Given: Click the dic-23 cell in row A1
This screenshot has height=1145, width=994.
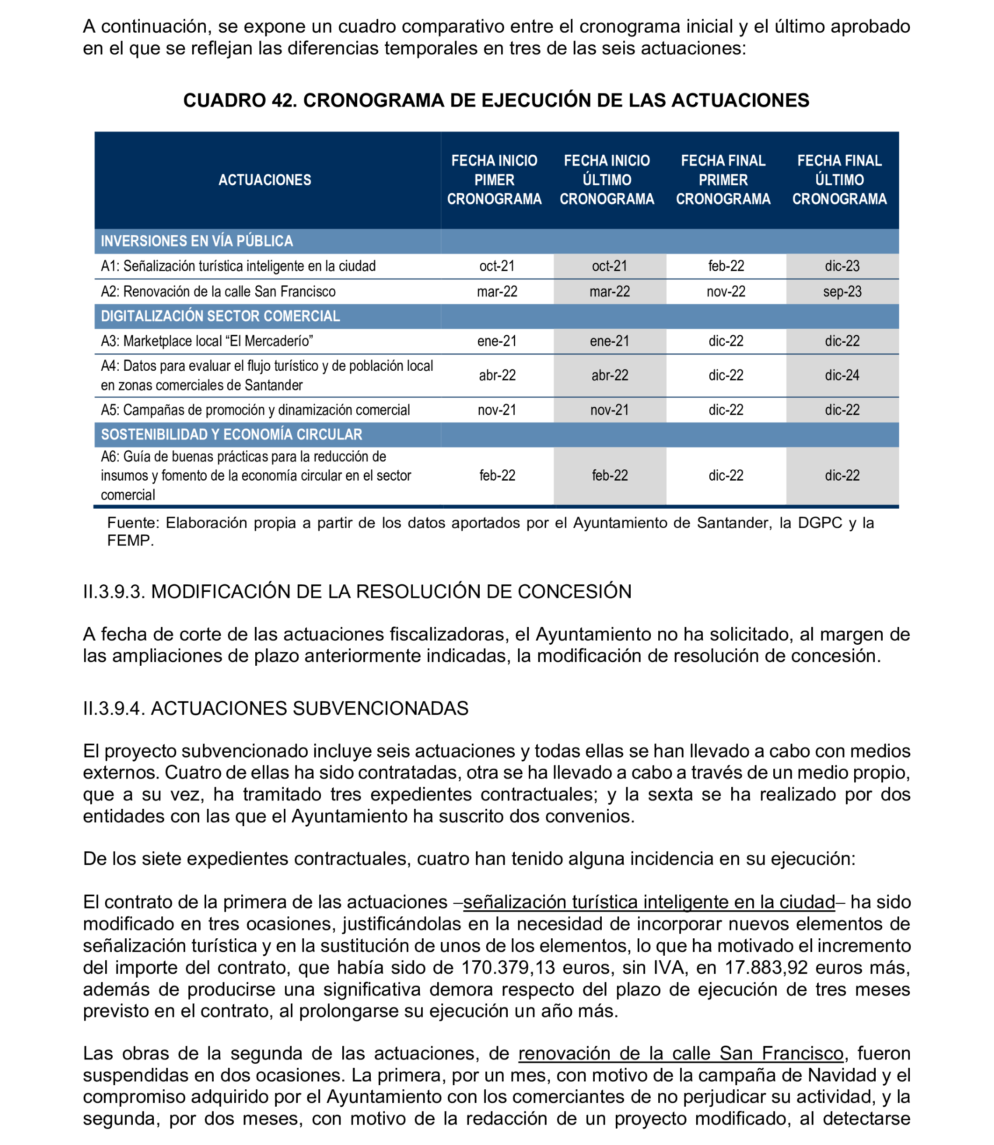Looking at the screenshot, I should click(x=842, y=266).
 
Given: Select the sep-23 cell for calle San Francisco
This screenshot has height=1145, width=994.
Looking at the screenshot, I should click(x=842, y=292).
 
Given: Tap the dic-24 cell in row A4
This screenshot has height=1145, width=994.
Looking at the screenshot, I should click(x=842, y=375).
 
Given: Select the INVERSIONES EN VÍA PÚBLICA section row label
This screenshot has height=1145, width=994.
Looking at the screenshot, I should click(x=197, y=241).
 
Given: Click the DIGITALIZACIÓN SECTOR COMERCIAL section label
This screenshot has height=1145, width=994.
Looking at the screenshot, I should click(x=220, y=316).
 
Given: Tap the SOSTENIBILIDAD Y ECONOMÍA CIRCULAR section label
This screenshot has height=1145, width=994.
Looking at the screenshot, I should click(x=231, y=434).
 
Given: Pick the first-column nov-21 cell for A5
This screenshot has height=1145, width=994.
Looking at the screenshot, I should click(x=497, y=410).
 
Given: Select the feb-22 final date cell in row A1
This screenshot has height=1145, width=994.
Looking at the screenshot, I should click(x=726, y=266).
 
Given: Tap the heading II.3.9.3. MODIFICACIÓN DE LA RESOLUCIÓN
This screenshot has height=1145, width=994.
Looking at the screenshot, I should click(x=357, y=591).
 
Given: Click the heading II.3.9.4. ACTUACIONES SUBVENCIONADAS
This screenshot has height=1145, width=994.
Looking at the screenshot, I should click(x=276, y=708).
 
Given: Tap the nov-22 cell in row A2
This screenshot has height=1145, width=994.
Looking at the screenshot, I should click(x=726, y=292).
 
